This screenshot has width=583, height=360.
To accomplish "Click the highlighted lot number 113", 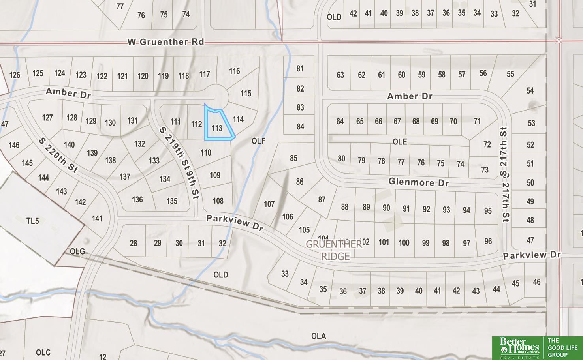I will pos(217,128).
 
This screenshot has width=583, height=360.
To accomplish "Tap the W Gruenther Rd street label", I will pos(165,42).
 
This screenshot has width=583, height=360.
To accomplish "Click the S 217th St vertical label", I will pos(504,174).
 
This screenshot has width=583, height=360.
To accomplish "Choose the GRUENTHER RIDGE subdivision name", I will pos(334,250).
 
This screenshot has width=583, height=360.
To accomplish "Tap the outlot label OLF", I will pos(258,141).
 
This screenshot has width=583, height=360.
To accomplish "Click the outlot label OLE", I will pos(399,142).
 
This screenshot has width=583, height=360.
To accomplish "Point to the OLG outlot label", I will pos(77,251).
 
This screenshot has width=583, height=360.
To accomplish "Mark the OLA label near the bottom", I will pos(318,336).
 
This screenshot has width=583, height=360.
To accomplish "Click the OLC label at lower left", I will pos(43,352).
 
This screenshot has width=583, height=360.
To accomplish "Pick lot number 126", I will pos(15,75).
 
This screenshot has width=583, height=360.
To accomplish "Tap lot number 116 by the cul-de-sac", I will pos(235,71).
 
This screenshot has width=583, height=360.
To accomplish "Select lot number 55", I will pos(510,74).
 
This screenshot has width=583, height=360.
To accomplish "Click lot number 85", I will pos(293,158).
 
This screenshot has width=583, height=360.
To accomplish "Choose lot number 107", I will pos(269,204).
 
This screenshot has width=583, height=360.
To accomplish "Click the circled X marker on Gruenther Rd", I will pos(559,40).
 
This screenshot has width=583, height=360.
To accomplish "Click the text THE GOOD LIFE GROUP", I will pos(562,347).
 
